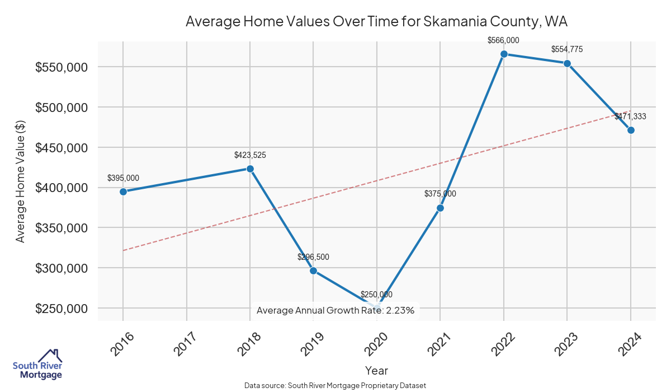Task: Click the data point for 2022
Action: tap(504, 54)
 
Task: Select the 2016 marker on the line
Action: tap(123, 192)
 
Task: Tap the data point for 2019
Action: tap(313, 270)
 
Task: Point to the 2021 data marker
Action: tap(440, 208)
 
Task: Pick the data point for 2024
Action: tap(631, 130)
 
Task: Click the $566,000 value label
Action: tap(504, 40)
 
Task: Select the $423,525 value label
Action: tap(250, 155)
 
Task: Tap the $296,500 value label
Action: tap(313, 257)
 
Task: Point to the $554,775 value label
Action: tap(567, 49)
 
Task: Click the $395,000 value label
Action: tap(123, 178)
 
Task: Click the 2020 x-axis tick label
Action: tap(377, 344)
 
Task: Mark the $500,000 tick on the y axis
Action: tap(63, 108)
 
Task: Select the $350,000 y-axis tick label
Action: tap(63, 228)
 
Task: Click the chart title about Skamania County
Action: tap(376, 22)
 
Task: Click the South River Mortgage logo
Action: tap(38, 364)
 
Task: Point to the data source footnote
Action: tap(335, 385)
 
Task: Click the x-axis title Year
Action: tap(376, 370)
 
